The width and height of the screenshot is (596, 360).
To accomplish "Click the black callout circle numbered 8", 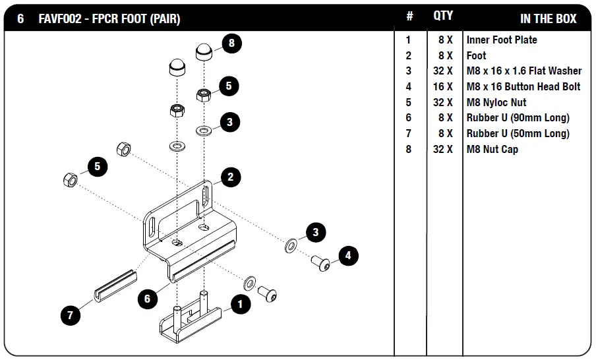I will tap(231, 44).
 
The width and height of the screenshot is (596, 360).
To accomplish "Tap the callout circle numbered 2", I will tap(230, 177).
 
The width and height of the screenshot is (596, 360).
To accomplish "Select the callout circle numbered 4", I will tap(349, 255).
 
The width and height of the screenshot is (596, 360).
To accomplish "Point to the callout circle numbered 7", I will tap(71, 315).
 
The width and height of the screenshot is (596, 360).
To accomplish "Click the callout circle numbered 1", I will tap(241, 305).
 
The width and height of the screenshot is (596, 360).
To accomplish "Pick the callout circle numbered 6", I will tap(148, 299).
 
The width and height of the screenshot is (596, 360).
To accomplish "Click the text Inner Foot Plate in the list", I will tap(502, 40).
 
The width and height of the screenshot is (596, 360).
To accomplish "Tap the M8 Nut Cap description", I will tap(492, 149).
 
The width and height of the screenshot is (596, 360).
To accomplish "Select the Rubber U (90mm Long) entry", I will tap(518, 117).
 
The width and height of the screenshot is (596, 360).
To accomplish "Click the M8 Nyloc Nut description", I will tap(496, 102).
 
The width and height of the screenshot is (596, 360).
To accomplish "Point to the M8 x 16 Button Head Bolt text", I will tap(523, 86).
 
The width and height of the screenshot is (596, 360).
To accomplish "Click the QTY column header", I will tap(442, 16).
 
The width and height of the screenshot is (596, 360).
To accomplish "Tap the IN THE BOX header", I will tap(547, 18).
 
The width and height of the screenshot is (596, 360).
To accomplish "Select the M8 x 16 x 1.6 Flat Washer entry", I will tap(523, 71).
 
